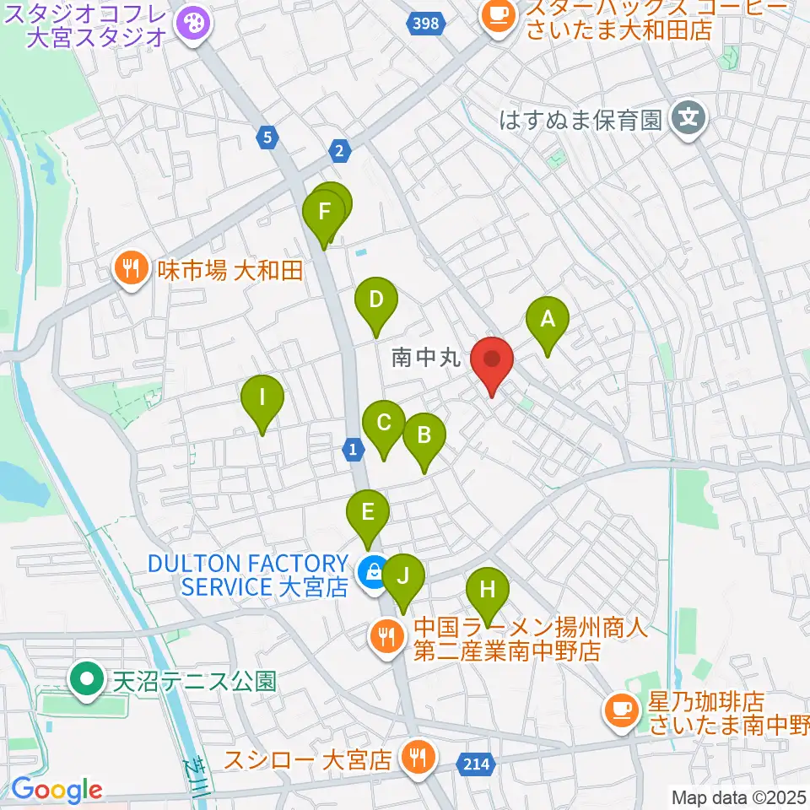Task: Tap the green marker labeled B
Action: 424,436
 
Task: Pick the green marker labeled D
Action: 375,300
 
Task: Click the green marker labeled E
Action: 367,513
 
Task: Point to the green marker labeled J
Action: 403,577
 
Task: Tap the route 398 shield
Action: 425,23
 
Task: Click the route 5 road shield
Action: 267,137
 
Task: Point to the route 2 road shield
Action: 339,150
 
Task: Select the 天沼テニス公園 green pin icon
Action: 87,679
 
